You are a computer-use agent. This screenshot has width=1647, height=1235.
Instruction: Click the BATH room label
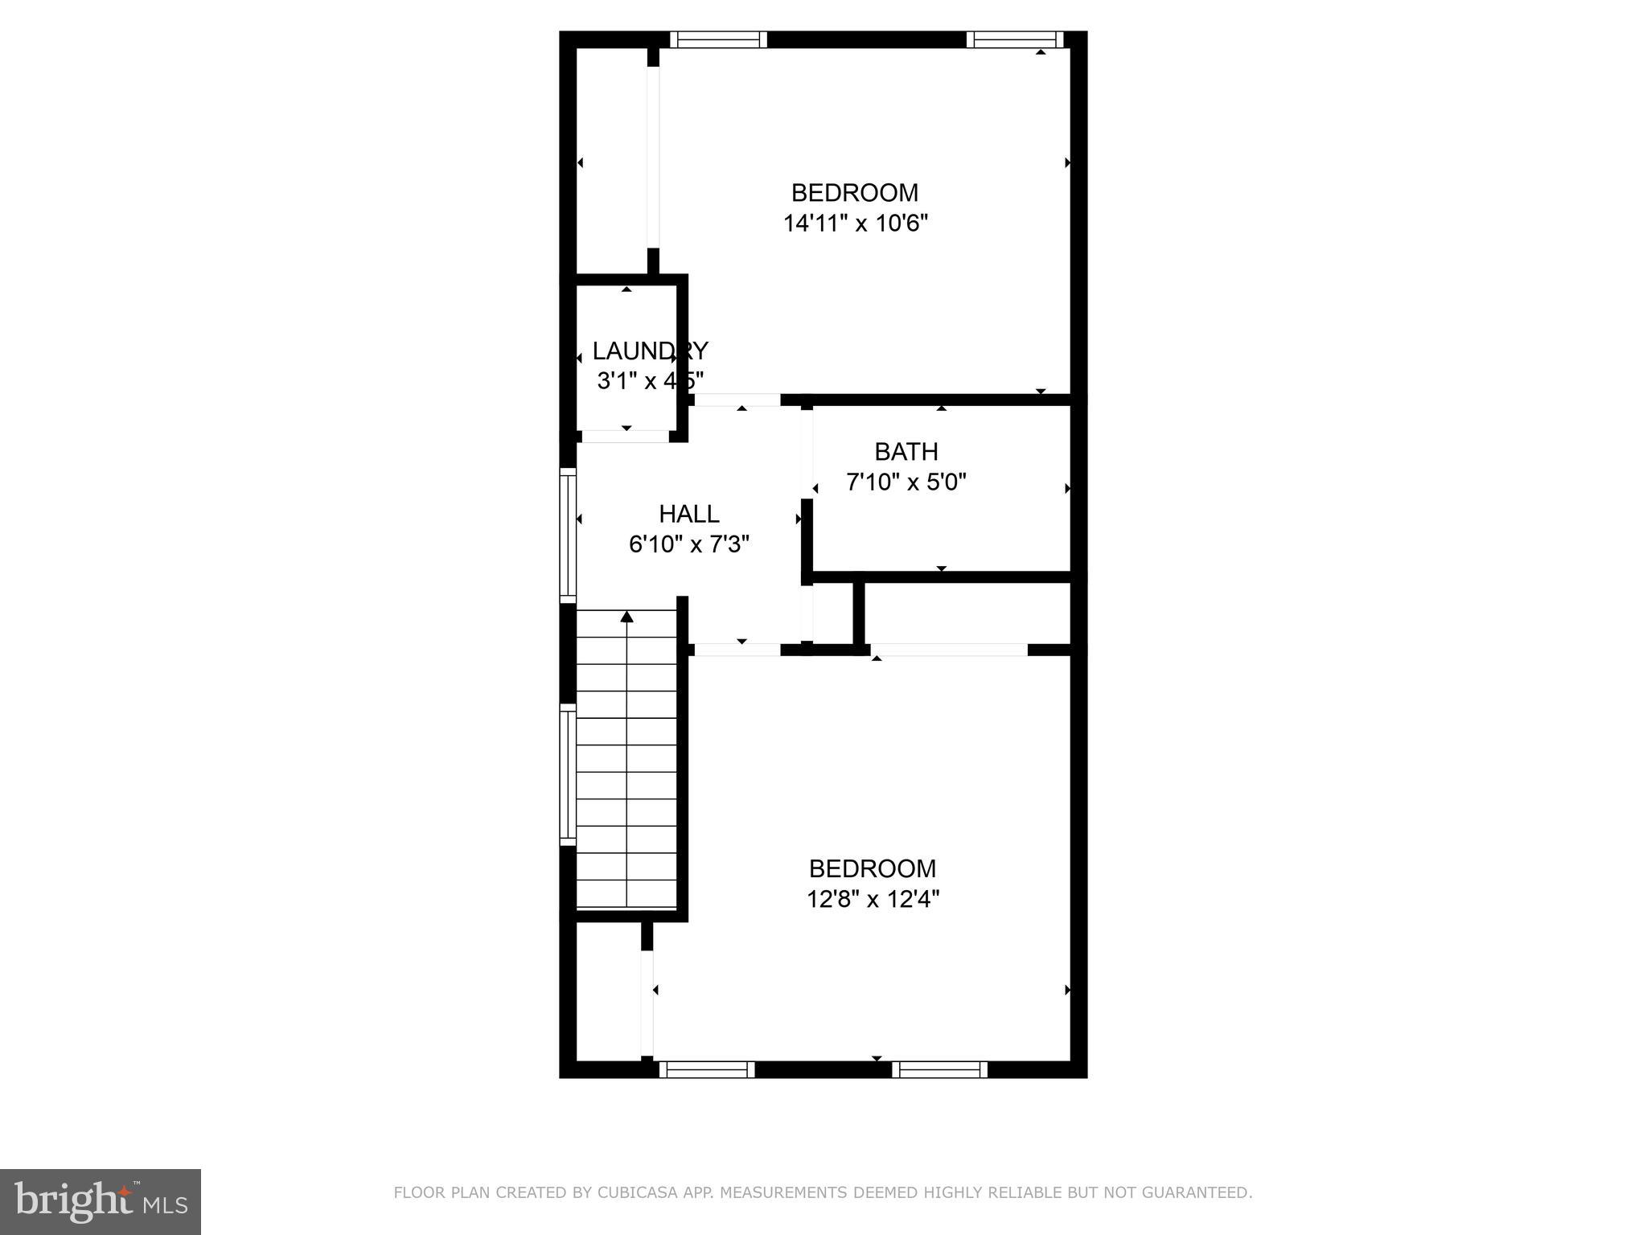click(x=906, y=452)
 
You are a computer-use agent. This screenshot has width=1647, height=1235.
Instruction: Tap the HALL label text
click(x=689, y=514)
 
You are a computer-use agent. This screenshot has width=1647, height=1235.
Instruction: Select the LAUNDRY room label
click(x=650, y=351)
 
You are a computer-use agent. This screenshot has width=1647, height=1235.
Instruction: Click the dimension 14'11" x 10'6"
click(x=856, y=224)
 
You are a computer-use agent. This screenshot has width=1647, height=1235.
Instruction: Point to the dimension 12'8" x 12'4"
click(x=873, y=899)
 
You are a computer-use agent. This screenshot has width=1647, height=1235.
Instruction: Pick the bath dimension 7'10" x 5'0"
click(x=906, y=482)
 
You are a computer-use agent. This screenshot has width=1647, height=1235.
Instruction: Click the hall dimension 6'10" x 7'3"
click(x=689, y=544)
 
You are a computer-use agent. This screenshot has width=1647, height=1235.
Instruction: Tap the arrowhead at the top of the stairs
click(x=626, y=617)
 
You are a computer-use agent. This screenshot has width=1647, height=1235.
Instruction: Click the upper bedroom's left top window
click(x=718, y=39)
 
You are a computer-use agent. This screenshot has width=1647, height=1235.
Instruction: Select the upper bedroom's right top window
click(x=1015, y=39)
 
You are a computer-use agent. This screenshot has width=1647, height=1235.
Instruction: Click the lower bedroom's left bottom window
click(x=707, y=1069)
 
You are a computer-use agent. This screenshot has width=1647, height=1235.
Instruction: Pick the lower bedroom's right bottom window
click(x=939, y=1069)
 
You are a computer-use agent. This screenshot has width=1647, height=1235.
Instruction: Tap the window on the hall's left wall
click(x=569, y=535)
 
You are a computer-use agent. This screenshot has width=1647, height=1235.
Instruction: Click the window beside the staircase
click(x=569, y=774)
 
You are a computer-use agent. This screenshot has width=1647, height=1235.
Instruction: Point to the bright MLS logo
click(x=101, y=1201)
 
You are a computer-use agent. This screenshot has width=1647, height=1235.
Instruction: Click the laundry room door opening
click(x=626, y=437)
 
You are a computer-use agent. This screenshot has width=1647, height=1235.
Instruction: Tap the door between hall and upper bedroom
click(x=737, y=400)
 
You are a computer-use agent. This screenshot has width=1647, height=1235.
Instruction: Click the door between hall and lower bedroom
click(x=737, y=650)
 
